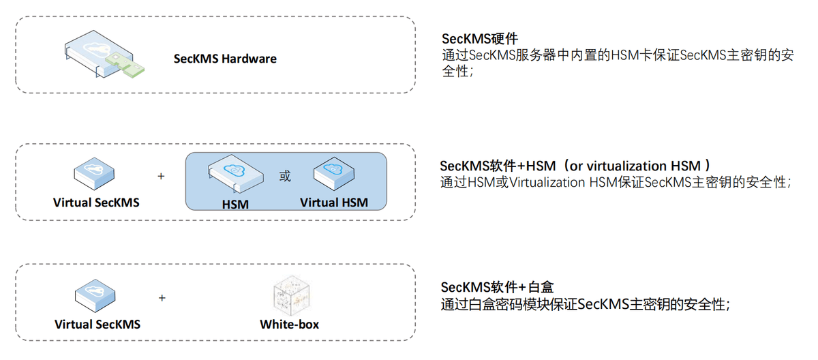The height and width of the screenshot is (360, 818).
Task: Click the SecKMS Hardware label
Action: (x=225, y=59)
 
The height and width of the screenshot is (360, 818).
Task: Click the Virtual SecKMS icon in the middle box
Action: (x=94, y=175)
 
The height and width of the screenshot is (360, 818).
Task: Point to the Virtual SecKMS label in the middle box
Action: (x=95, y=202)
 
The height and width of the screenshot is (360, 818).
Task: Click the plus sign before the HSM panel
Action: (x=162, y=176)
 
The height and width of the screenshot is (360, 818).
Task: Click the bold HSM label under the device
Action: (x=234, y=204)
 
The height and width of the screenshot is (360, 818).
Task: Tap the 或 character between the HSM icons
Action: (x=285, y=177)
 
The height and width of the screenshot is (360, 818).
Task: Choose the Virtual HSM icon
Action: (x=334, y=175)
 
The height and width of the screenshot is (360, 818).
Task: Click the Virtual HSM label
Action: (x=333, y=202)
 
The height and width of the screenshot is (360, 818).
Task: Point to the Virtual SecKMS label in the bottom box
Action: (x=97, y=324)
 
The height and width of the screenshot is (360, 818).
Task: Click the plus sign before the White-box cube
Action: (x=162, y=298)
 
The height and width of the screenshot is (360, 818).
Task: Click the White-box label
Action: (x=289, y=324)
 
